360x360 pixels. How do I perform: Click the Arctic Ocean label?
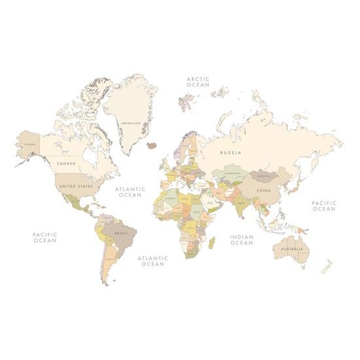[x=198, y=82]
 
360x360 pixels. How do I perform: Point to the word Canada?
[x=66, y=163]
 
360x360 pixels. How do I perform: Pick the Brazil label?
[x=122, y=232]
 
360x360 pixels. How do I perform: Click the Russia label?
[x=230, y=153]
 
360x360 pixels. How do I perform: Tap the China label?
[x=262, y=190]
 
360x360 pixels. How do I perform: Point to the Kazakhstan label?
[x=233, y=173]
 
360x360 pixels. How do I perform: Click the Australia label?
[x=291, y=249]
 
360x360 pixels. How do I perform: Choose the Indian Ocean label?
[x=242, y=240]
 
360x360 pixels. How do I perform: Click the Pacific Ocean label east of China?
[x=323, y=206]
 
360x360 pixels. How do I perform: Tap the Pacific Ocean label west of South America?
[x=45, y=237]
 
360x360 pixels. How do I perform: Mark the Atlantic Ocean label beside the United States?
[x=130, y=192]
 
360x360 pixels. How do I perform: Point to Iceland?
[x=154, y=145]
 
